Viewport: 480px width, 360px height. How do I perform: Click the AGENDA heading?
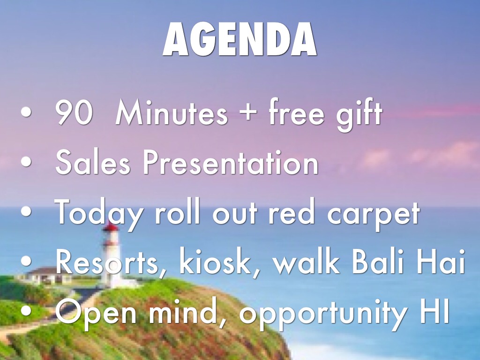[240, 40]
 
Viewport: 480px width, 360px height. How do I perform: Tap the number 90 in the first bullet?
[73, 113]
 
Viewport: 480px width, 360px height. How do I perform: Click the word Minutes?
[172, 113]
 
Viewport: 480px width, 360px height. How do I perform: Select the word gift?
[359, 114]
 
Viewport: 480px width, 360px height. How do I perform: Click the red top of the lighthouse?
[111, 228]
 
